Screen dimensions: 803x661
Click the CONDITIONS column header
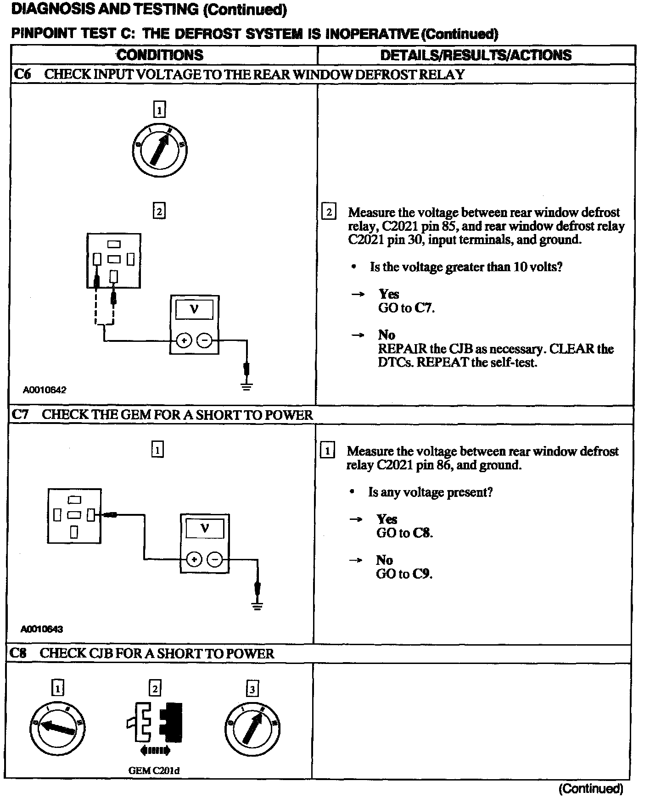tap(160, 55)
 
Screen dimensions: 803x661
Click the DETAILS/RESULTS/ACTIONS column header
tap(476, 55)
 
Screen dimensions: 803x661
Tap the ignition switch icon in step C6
tap(160, 150)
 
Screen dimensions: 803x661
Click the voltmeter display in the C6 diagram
tap(194, 310)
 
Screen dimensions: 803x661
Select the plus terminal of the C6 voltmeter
tap(184, 340)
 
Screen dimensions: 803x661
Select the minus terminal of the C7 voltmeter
tap(215, 559)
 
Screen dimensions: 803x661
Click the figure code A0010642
tap(45, 390)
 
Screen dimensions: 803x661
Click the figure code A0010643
tap(42, 629)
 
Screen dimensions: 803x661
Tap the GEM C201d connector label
tap(154, 770)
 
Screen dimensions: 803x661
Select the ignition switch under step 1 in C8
tap(58, 728)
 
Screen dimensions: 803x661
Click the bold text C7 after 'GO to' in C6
tap(424, 308)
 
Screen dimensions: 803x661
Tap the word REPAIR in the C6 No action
tap(402, 349)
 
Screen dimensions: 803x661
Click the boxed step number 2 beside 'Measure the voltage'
tap(329, 212)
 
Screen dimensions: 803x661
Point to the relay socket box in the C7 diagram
tap(74, 516)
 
